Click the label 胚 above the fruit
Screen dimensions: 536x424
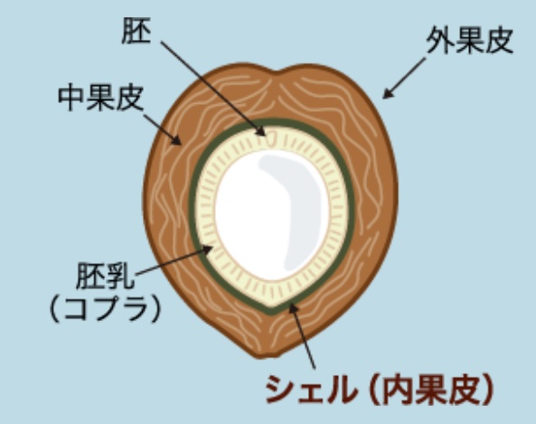tap(136, 31)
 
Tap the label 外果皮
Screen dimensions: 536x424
tap(470, 41)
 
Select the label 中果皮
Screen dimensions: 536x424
tap(100, 98)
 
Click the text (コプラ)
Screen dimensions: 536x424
tap(105, 308)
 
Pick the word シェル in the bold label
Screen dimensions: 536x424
tap(310, 390)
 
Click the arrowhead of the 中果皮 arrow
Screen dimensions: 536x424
tap(177, 140)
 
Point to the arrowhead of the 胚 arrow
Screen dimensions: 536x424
tap(261, 131)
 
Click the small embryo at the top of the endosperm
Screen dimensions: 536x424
tap(272, 137)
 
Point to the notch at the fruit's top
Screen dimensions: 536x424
tap(279, 72)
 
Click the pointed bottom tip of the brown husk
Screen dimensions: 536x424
tap(260, 357)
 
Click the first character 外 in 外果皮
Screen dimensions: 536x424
tap(440, 41)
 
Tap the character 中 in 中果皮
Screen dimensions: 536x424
tap(71, 98)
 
